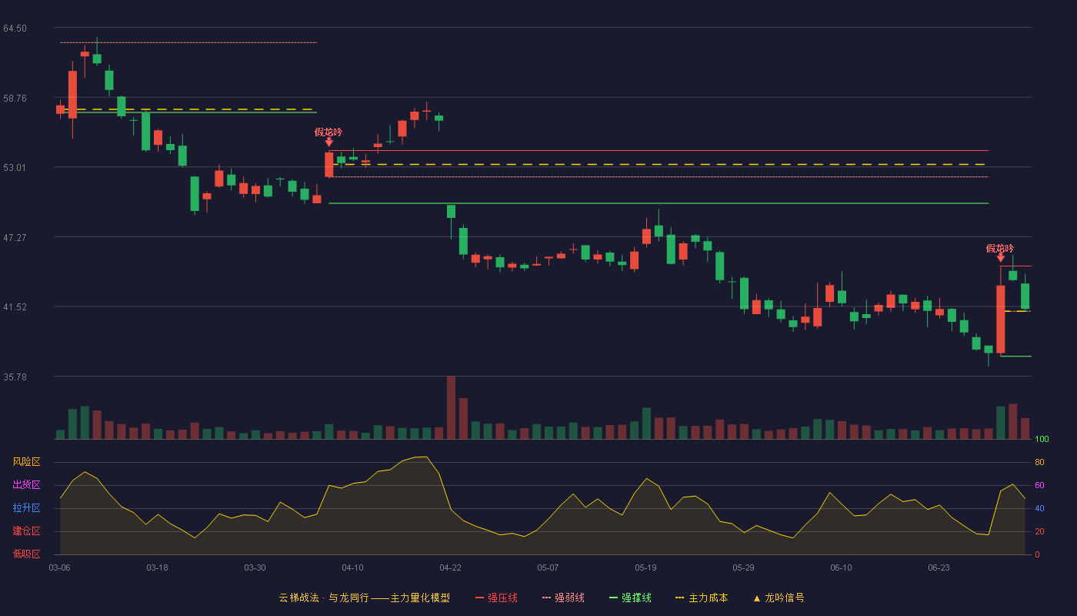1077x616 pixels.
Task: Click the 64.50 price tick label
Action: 15,28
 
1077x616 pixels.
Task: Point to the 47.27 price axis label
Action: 15,238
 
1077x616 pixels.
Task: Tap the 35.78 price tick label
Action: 15,377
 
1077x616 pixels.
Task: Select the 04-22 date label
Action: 450,568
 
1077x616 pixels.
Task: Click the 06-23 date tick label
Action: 939,568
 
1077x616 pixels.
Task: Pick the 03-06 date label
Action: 60,568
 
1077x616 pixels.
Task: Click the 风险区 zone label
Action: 26,462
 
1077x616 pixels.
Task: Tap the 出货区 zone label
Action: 26,484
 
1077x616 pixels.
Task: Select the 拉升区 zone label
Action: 26,507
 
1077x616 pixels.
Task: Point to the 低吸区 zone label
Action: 26,554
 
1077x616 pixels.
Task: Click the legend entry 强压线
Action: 496,598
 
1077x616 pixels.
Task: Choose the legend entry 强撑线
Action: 630,598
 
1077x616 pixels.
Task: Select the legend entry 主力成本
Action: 702,598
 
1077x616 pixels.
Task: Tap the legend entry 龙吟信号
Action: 779,598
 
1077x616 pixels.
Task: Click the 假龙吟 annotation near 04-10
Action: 328,132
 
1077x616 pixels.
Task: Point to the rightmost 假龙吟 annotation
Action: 1000,248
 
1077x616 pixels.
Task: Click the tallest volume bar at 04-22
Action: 451,407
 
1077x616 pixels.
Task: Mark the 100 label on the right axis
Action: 1042,439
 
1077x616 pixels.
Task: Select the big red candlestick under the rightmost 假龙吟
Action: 1001,320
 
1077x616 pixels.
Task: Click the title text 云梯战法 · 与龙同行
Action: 325,598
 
